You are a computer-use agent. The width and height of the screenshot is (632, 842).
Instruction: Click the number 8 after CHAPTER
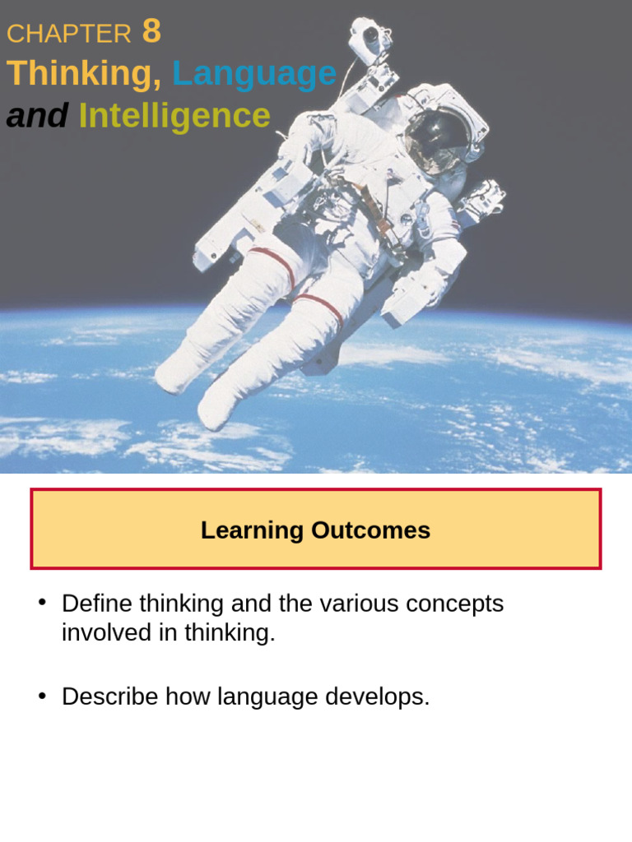point(151,31)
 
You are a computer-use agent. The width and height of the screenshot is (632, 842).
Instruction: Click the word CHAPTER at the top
point(69,34)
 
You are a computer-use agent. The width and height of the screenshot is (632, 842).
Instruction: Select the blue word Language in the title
point(254,74)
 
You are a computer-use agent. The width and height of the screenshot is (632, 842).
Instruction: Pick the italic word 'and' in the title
point(37,116)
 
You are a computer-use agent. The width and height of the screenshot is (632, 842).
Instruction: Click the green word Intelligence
point(174,116)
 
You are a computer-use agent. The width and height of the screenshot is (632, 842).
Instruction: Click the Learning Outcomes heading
point(316,530)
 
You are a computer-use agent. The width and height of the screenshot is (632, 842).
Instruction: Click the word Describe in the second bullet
point(110,696)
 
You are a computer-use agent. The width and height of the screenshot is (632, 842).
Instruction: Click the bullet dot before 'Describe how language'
point(42,696)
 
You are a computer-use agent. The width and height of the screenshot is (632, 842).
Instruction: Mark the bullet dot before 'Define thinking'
point(42,603)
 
